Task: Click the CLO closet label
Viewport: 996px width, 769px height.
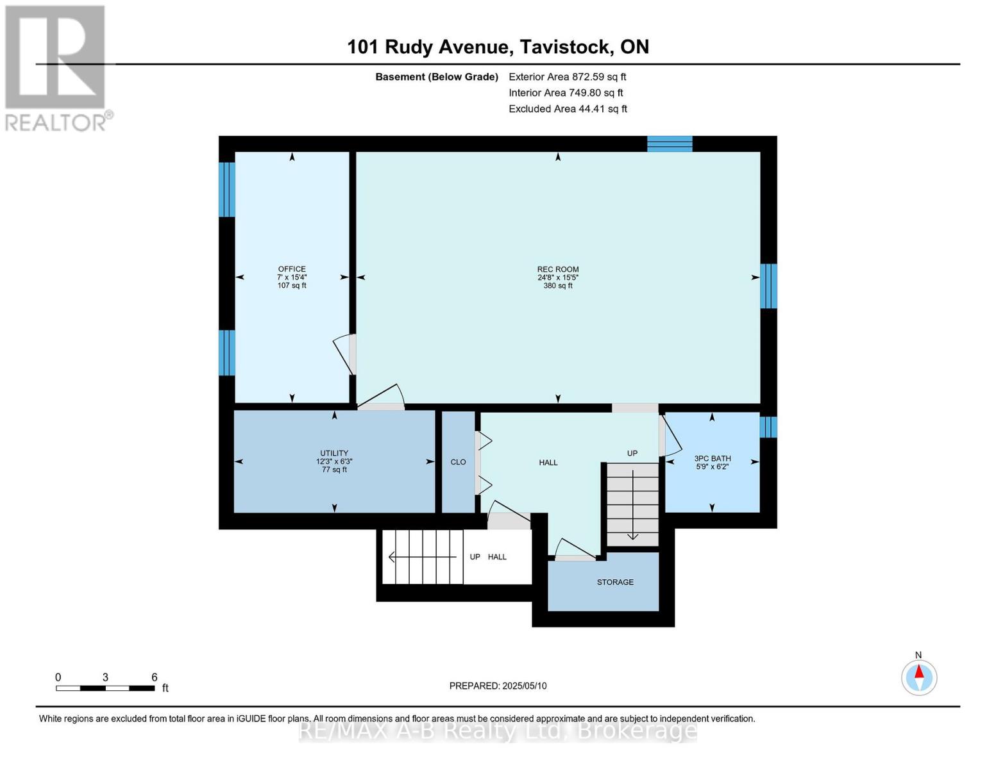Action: click(x=458, y=462)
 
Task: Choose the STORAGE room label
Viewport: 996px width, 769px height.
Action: click(x=615, y=582)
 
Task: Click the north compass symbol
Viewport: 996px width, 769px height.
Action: click(x=919, y=677)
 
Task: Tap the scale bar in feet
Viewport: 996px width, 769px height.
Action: click(x=105, y=688)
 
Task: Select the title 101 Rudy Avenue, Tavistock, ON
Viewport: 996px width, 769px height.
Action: click(x=498, y=47)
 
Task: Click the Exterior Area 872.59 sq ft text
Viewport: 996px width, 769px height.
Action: click(x=567, y=77)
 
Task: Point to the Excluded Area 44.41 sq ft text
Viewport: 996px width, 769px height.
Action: click(x=568, y=109)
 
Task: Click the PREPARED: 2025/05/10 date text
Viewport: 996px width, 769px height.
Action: click(x=498, y=686)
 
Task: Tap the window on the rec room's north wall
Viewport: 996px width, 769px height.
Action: click(x=670, y=144)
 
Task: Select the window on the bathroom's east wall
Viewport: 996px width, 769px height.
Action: click(x=768, y=427)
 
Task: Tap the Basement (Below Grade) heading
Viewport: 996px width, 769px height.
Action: click(x=436, y=77)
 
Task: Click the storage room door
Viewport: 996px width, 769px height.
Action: click(x=575, y=550)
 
